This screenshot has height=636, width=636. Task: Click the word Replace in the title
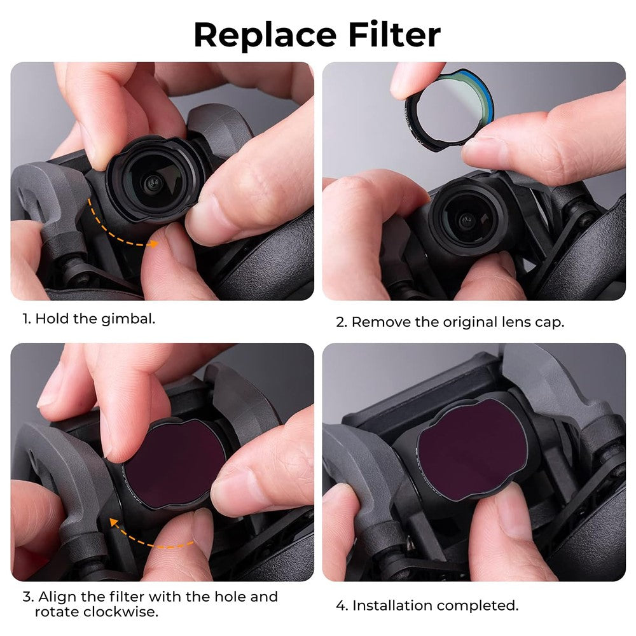pos(265,36)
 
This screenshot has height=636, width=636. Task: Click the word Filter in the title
pos(394,35)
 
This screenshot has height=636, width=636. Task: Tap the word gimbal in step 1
pos(128,319)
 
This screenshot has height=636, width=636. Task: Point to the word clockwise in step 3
pos(96,612)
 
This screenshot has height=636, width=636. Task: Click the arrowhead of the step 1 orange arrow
pos(153,244)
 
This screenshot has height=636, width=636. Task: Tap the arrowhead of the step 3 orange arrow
pos(114,523)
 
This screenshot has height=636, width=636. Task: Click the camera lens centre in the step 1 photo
pos(153,183)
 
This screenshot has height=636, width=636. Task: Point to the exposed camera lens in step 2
pos(466,219)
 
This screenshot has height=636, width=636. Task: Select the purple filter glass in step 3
pos(174,463)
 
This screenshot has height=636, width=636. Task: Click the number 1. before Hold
pos(27,319)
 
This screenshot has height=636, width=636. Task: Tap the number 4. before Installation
pos(342,605)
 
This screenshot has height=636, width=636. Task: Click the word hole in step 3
pos(230,597)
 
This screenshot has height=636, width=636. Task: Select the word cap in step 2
pos(550,324)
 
